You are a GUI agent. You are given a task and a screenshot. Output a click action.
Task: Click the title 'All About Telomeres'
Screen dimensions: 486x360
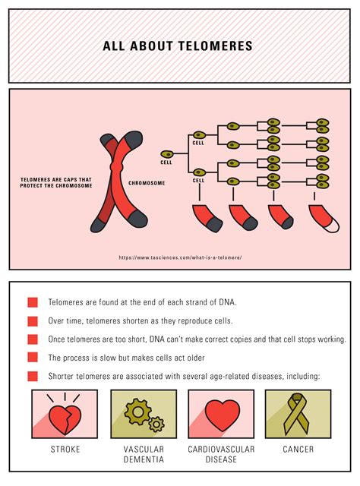(178, 46)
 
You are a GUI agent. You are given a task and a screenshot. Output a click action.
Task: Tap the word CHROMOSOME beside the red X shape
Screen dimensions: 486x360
(147, 183)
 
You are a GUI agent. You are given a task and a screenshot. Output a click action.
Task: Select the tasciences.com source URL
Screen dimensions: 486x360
(180, 257)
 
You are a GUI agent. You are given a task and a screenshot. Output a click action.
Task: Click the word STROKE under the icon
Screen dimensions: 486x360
(65, 450)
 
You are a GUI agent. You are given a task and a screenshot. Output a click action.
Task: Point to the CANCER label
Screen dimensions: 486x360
(298, 450)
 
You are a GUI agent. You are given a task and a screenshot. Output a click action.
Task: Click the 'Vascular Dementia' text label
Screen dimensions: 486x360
(144, 454)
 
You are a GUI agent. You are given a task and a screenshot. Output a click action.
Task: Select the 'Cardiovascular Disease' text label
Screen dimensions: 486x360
(221, 454)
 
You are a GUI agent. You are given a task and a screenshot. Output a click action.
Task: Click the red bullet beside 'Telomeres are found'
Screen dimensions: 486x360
(33, 302)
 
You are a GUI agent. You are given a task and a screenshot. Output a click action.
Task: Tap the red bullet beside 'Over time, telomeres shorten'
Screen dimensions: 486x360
(33, 320)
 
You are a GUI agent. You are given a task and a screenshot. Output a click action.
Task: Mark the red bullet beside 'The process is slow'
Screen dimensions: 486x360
(33, 357)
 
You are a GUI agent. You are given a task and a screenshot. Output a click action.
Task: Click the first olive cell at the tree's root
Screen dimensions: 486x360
(166, 153)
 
